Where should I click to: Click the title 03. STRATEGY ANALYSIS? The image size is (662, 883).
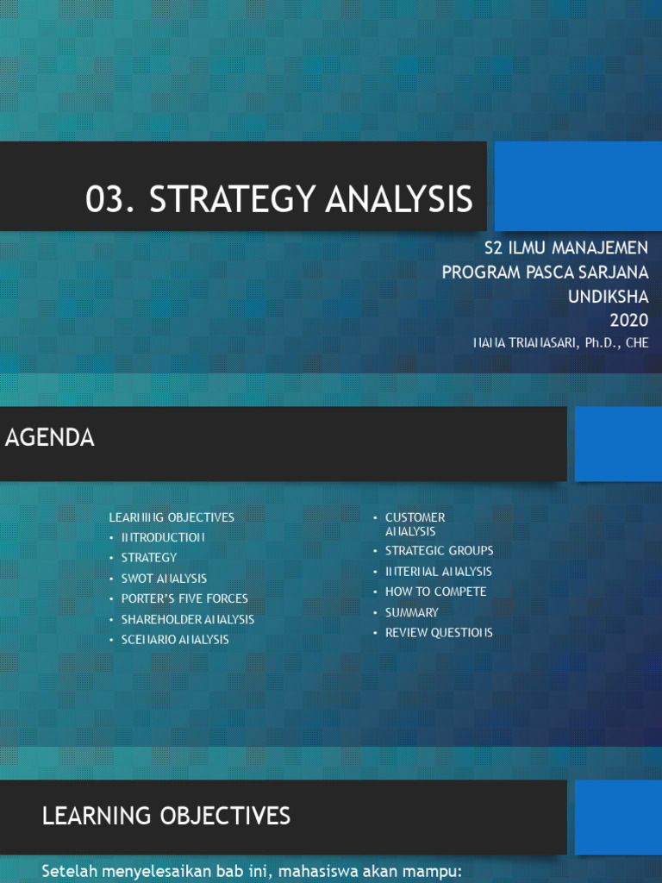279,199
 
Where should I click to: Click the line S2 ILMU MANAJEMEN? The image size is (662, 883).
565,248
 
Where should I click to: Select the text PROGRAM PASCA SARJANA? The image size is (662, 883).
545,272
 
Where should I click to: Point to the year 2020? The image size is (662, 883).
628,321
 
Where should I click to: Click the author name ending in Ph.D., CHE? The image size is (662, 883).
560,342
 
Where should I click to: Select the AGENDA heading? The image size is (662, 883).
50,438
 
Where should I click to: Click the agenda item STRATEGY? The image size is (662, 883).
148,558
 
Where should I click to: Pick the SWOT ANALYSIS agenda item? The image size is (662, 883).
164,579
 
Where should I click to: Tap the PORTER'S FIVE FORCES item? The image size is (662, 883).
184,598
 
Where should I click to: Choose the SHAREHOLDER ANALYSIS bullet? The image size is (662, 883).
187,619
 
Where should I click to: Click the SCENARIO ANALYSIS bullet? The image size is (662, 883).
175,640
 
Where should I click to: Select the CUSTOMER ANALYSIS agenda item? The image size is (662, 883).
415,524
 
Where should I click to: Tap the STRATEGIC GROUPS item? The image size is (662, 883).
439,551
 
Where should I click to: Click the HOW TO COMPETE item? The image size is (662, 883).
435,592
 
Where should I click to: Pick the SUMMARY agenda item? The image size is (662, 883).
411,612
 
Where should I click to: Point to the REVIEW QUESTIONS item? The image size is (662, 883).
439,633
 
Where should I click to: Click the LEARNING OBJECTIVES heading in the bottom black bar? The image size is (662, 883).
166,816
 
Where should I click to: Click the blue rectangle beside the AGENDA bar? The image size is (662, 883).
617,444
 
